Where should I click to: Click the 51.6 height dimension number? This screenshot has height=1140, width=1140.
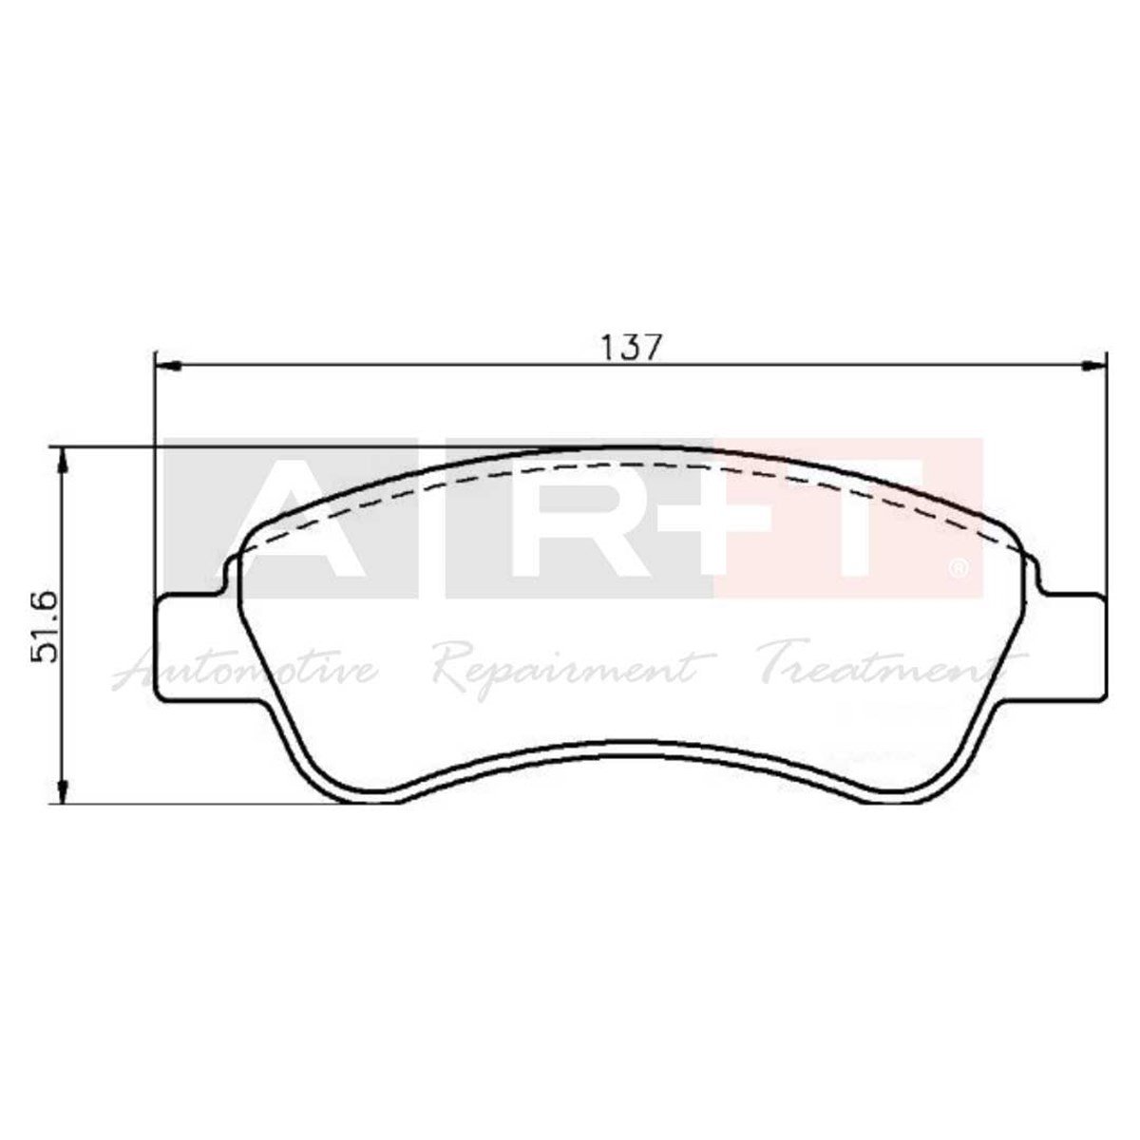click(48, 626)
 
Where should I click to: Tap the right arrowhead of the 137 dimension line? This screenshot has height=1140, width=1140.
click(1094, 364)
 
